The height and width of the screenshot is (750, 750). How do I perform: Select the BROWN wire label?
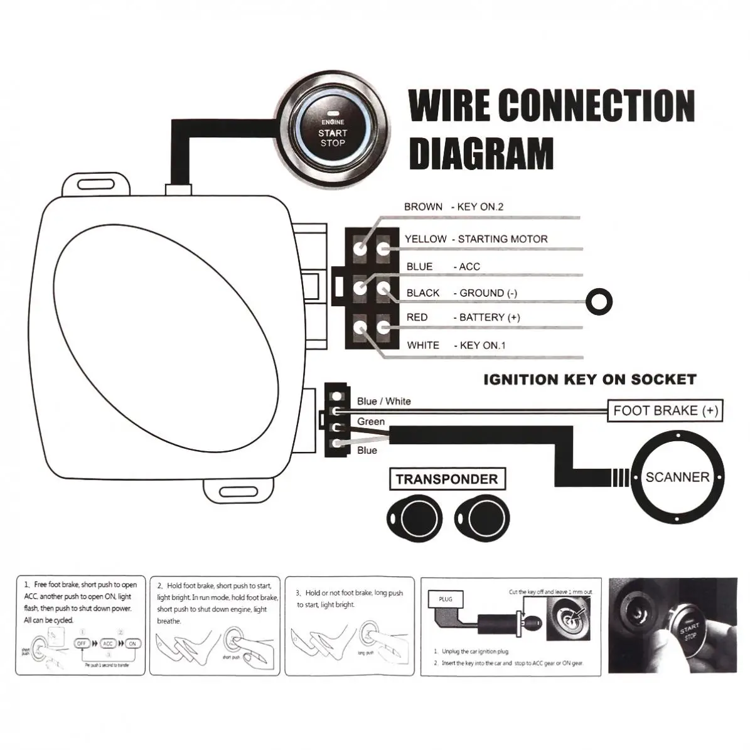click(423, 206)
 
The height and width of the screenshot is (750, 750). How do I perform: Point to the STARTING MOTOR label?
click(502, 239)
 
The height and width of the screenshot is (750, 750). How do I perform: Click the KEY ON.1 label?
click(482, 345)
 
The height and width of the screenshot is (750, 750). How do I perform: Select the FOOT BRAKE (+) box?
click(665, 411)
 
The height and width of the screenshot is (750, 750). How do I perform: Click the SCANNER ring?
click(677, 477)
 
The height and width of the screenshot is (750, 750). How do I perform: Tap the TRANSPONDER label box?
click(447, 480)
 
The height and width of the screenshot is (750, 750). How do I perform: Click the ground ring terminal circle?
click(599, 300)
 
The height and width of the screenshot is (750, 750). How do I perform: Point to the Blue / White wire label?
click(384, 402)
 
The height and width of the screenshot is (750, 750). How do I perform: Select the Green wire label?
click(371, 422)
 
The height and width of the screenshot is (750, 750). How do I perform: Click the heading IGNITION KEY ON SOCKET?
click(590, 380)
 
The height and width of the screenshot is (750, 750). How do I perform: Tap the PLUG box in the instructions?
click(445, 599)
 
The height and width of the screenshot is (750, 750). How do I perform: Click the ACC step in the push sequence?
click(108, 644)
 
